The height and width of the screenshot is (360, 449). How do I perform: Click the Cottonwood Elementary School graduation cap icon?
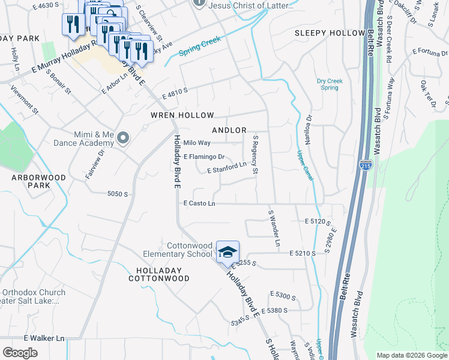[x=228, y=252]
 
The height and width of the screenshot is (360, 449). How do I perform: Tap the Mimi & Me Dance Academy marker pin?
[x=124, y=139]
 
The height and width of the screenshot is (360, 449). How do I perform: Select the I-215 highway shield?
[x=365, y=164]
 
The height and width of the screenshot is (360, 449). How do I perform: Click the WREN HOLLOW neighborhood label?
[x=182, y=115]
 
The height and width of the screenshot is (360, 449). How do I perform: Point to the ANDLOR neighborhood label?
[x=229, y=130]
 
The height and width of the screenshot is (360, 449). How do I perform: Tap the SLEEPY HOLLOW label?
[x=330, y=34]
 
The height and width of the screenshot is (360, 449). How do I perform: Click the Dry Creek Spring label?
[x=330, y=84]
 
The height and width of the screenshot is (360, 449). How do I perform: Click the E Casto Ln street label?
[x=199, y=204]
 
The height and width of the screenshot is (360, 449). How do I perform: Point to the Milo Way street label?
[x=197, y=143]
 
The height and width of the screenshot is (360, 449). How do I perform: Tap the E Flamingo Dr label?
[x=204, y=157]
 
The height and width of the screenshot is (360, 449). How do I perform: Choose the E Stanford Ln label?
[x=227, y=168]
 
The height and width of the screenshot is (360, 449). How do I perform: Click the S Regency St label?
[x=255, y=155]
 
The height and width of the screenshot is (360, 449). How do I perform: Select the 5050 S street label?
[x=118, y=194]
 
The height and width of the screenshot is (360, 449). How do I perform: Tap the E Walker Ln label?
[x=44, y=338]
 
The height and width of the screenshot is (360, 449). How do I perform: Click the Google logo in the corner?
[x=20, y=352]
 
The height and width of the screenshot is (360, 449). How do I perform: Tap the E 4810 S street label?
[x=175, y=92]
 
